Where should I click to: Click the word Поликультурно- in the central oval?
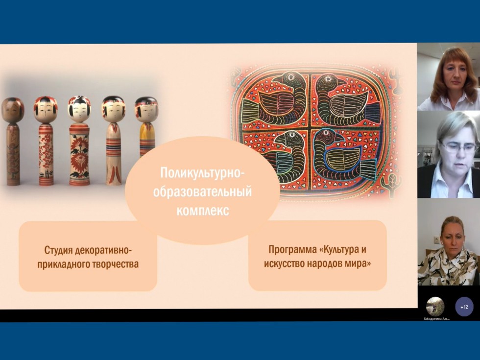pyautogui.click(x=202, y=173)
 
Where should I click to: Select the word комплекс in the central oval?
pyautogui.click(x=202, y=212)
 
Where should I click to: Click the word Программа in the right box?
pyautogui.click(x=290, y=250)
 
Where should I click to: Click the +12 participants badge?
pyautogui.click(x=464, y=307)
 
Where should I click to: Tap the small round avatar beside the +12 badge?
pyautogui.click(x=435, y=306)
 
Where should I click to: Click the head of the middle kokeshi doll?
pyautogui.click(x=79, y=109)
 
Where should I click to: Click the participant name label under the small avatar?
pyautogui.click(x=436, y=318)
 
